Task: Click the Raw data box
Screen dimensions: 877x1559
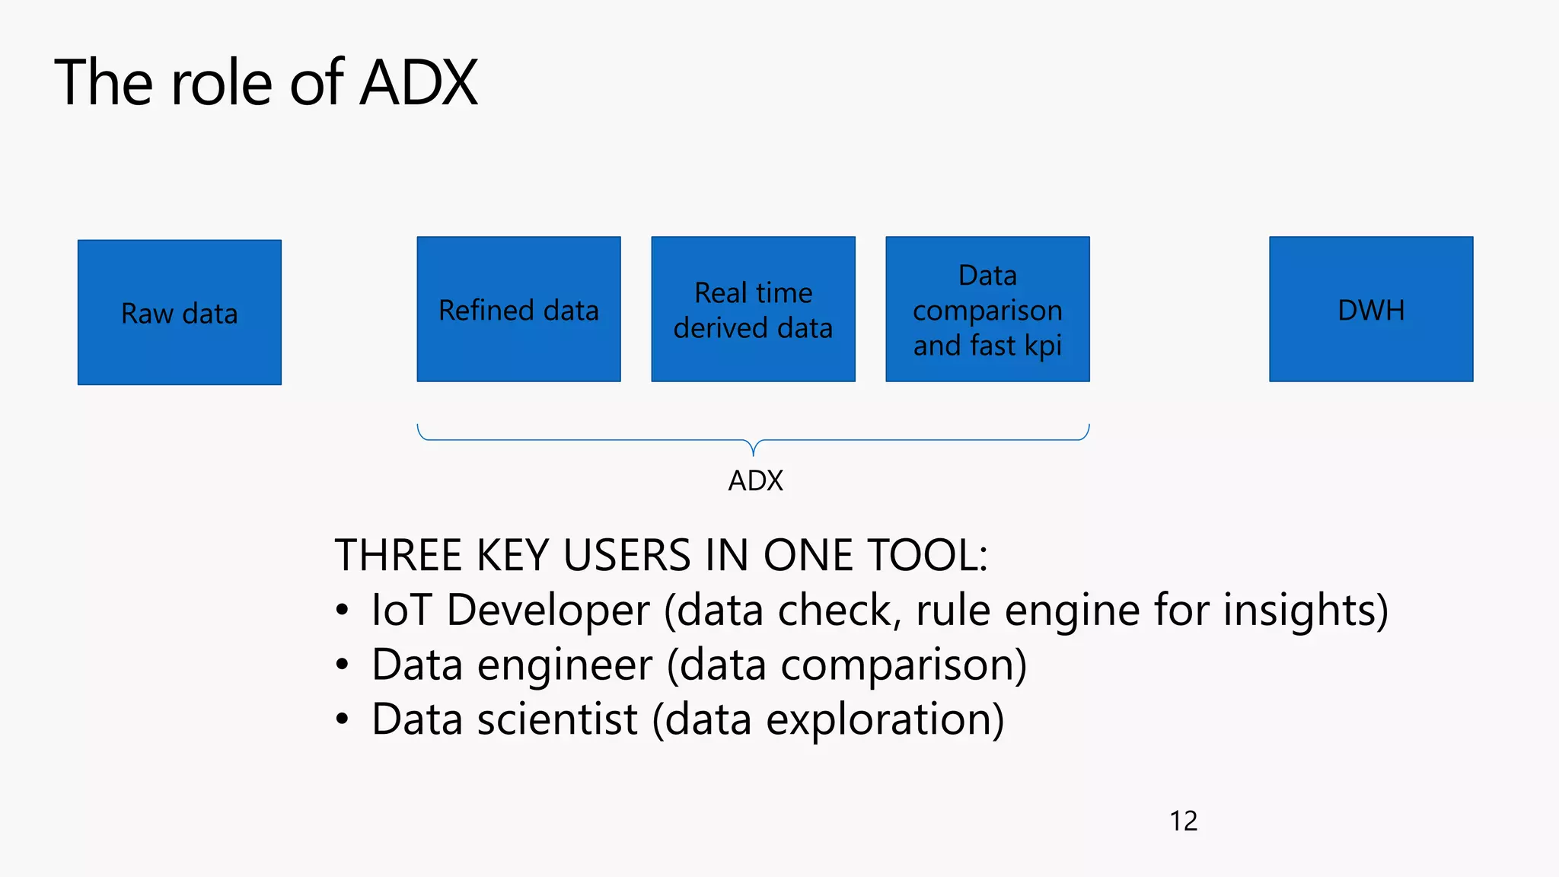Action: click(180, 312)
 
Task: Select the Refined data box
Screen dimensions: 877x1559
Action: click(518, 309)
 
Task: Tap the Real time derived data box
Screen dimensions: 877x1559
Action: click(753, 309)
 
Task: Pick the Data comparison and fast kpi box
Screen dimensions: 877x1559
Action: click(987, 309)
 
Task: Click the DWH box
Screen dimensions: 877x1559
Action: click(1371, 309)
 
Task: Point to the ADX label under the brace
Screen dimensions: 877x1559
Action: click(755, 481)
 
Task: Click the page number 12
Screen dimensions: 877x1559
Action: click(1183, 821)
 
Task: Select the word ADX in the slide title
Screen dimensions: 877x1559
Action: click(419, 82)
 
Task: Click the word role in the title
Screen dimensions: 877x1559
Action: click(222, 82)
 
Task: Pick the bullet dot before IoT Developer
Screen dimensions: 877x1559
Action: click(343, 611)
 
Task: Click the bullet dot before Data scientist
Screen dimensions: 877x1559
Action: click(343, 719)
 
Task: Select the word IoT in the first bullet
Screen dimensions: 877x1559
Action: click(401, 611)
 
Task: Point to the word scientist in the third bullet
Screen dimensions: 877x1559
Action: click(557, 719)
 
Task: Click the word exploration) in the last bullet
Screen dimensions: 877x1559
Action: click(885, 719)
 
